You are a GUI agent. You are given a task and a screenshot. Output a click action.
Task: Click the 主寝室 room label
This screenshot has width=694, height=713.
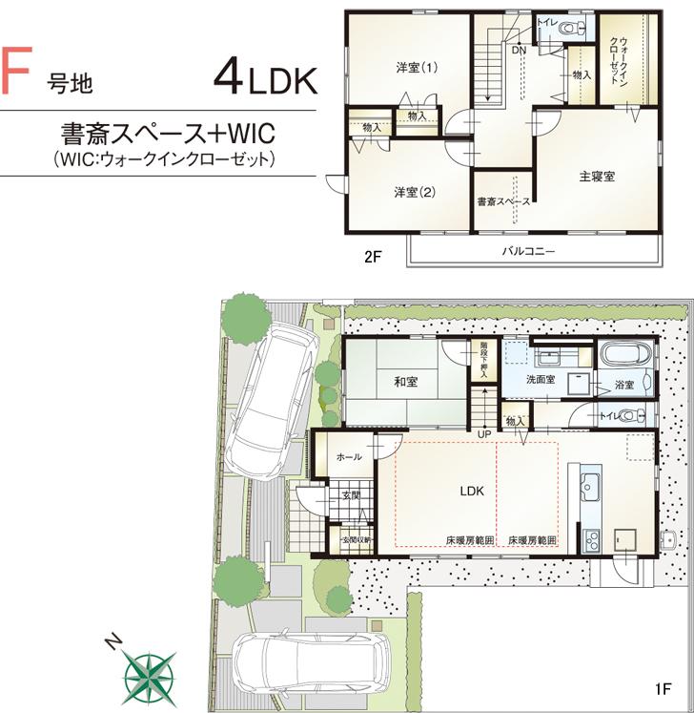[x=596, y=177]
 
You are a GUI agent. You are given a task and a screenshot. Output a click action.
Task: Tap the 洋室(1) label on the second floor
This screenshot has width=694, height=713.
[x=418, y=68]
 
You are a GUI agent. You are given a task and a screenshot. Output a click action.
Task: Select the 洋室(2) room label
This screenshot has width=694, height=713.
[x=415, y=192]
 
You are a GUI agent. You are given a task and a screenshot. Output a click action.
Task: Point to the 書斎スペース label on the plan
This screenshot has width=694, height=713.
[x=502, y=201]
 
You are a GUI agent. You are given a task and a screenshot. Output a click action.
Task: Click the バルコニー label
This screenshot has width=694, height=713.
[x=528, y=252]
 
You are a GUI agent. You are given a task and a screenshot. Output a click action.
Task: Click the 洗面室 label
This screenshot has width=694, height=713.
[x=543, y=380]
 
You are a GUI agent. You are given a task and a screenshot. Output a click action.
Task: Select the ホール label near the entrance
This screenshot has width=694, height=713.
[x=349, y=458]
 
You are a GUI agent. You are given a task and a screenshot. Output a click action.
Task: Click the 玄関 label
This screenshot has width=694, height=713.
[x=351, y=495]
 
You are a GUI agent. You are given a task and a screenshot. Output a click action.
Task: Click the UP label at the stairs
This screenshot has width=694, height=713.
[x=485, y=434]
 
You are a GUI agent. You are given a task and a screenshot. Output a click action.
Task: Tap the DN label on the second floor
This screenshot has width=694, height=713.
[x=520, y=51]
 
